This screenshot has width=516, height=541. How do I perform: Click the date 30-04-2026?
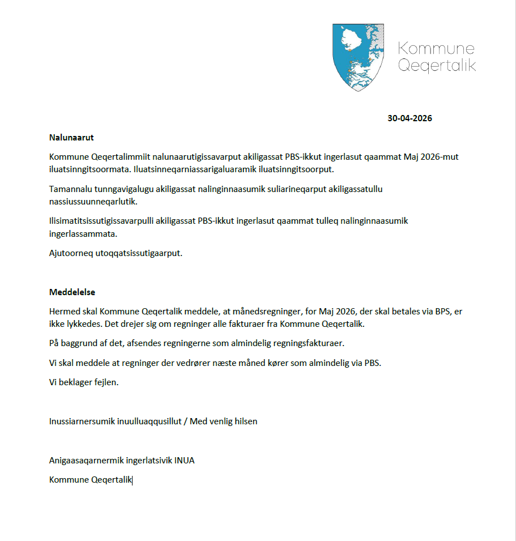[x=410, y=118]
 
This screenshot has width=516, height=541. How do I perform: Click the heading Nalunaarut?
[x=71, y=137]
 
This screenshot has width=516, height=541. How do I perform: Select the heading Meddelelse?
[x=72, y=292]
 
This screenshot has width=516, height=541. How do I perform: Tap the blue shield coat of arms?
[x=358, y=57]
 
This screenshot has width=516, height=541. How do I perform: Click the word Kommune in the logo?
[x=436, y=49]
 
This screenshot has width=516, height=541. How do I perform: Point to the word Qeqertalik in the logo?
[x=437, y=65]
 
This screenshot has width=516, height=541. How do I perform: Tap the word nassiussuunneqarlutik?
[x=93, y=201]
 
